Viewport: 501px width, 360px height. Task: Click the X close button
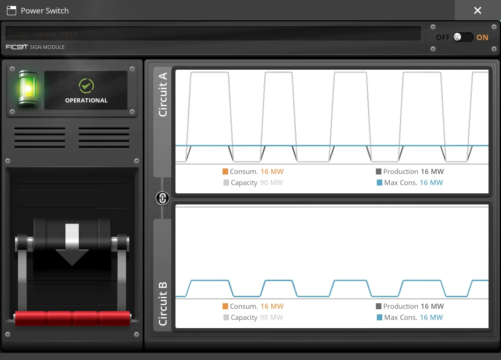(477, 10)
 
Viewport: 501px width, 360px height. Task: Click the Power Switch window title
(45, 11)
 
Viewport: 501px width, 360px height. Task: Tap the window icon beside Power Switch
(12, 11)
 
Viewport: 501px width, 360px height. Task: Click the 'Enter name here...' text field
(213, 33)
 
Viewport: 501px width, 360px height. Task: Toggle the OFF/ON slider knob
(458, 37)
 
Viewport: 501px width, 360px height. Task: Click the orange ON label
(483, 37)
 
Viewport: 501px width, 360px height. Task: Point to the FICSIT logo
(17, 47)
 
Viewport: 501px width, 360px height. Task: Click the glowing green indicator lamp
(27, 89)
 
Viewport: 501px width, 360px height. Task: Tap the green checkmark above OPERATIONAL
(86, 85)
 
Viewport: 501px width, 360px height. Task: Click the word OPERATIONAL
(86, 100)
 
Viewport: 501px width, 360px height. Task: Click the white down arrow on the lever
(72, 244)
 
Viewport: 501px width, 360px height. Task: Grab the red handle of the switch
(72, 318)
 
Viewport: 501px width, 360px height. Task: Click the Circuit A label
(163, 94)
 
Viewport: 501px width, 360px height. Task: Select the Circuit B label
(163, 302)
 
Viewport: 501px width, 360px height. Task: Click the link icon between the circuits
(163, 198)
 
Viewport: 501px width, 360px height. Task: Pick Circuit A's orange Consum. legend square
(225, 172)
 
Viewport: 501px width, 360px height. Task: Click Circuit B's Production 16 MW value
(432, 306)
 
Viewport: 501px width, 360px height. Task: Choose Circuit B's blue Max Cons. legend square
(380, 318)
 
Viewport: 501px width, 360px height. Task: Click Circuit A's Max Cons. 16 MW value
(431, 183)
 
